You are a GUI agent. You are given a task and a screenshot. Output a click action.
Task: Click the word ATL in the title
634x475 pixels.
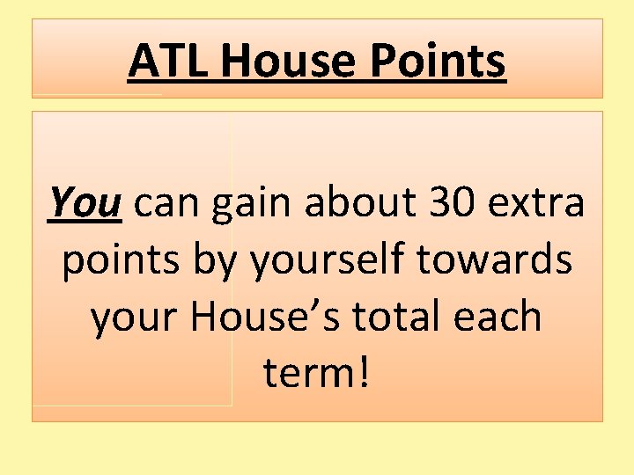click(169, 62)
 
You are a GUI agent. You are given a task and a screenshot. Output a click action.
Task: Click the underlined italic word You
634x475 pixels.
click(85, 203)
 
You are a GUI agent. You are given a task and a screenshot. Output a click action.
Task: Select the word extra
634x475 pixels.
click(540, 203)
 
